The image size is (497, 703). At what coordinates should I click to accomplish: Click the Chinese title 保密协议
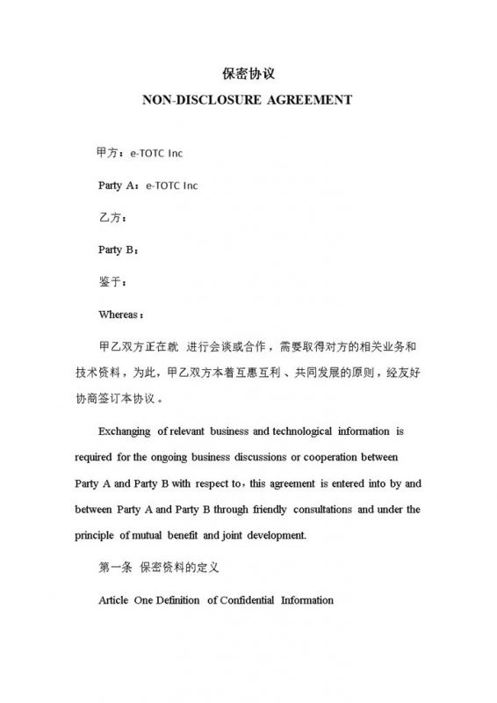coord(248,73)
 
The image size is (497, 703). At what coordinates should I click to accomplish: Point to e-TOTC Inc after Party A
coord(172,185)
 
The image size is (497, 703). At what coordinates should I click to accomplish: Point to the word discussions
coord(267,458)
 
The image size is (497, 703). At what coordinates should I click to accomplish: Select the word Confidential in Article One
coord(246,600)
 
